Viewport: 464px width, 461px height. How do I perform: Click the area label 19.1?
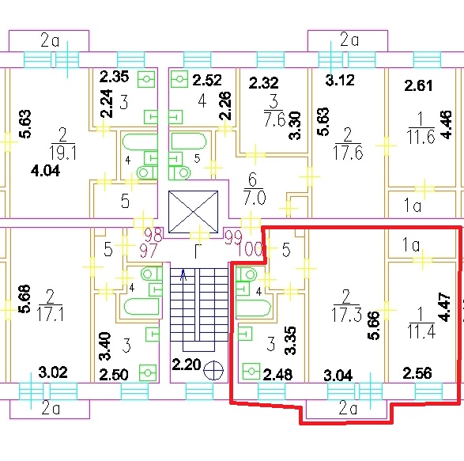pyautogui.click(x=62, y=153)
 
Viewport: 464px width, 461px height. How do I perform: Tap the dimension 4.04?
pyautogui.click(x=45, y=171)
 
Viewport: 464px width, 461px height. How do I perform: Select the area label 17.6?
pyautogui.click(x=348, y=153)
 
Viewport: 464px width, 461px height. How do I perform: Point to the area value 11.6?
pyautogui.click(x=421, y=137)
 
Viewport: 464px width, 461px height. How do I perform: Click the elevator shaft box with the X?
pyautogui.click(x=193, y=212)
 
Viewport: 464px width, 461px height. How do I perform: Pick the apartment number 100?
pyautogui.click(x=250, y=249)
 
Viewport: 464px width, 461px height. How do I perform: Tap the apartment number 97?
pyautogui.click(x=148, y=251)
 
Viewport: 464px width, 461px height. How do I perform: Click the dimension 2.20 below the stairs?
pyautogui.click(x=186, y=365)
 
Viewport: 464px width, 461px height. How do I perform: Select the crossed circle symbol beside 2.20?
pyautogui.click(x=214, y=370)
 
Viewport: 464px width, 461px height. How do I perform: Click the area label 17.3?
pyautogui.click(x=346, y=314)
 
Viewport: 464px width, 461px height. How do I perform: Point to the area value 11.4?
pyautogui.click(x=421, y=331)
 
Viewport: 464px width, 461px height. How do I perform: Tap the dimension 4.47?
pyautogui.click(x=445, y=307)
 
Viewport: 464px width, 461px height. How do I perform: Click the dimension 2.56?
pyautogui.click(x=417, y=373)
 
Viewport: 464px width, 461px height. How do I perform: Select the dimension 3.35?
pyautogui.click(x=290, y=341)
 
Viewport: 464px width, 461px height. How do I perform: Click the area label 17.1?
pyautogui.click(x=50, y=314)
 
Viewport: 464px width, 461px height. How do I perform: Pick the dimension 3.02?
pyautogui.click(x=53, y=372)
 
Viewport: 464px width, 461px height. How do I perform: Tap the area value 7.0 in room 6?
pyautogui.click(x=255, y=198)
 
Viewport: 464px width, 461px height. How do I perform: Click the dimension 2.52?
pyautogui.click(x=207, y=80)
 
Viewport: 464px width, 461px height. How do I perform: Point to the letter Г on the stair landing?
pyautogui.click(x=198, y=251)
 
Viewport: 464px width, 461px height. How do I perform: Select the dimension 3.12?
pyautogui.click(x=340, y=80)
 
